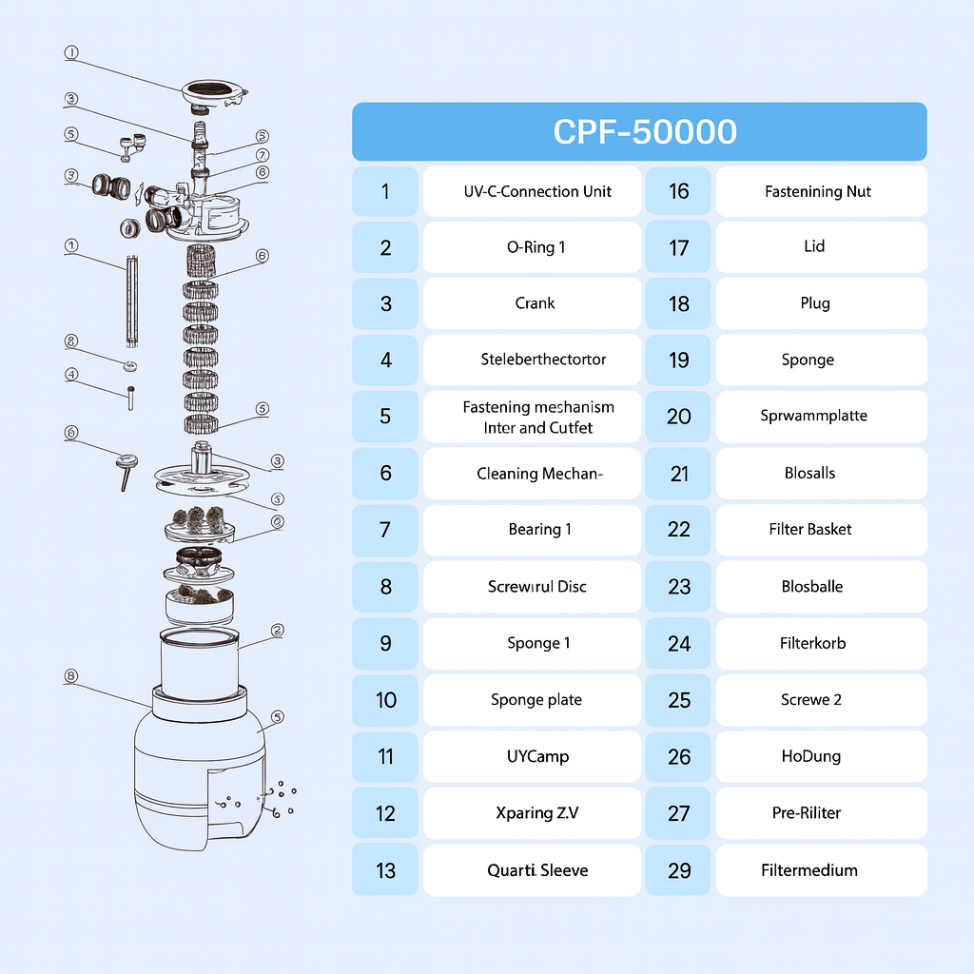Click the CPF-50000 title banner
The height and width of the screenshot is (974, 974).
point(639,131)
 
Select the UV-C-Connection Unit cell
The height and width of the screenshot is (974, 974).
point(532,191)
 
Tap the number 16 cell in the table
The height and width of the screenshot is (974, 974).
point(678,191)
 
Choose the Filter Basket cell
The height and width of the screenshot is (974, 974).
point(821,529)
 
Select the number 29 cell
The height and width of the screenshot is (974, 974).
point(678,869)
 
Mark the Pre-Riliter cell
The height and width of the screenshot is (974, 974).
point(821,812)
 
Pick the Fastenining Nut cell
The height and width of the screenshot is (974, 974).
point(821,191)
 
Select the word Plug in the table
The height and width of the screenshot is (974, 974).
point(815,303)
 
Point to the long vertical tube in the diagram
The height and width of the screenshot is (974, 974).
point(131,301)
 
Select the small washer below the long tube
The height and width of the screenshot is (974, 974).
point(130,366)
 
